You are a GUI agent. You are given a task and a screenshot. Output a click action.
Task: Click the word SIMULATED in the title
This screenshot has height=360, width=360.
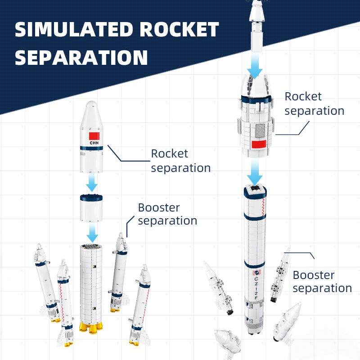tap(74, 29)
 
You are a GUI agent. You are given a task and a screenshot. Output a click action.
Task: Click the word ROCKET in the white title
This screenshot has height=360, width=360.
tap(179, 29)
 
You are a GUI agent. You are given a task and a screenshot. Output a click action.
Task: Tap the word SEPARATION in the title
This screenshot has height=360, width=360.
tap(81, 58)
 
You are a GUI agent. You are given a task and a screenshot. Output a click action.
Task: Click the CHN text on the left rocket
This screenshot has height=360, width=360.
tap(94, 143)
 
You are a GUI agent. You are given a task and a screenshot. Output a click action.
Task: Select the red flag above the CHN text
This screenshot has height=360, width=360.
tap(94, 136)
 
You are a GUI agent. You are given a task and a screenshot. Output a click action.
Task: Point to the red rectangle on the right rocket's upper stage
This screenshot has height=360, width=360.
tap(259, 144)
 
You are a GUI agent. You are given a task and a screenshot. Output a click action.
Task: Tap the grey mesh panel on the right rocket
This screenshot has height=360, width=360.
tap(260, 130)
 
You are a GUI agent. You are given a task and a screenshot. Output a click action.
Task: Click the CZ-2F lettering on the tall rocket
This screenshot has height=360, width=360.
tap(256, 288)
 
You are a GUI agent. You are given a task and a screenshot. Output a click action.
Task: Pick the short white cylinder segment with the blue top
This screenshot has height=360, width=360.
tap(91, 208)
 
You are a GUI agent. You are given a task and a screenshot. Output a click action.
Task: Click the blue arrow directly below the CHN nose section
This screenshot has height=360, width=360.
tap(92, 182)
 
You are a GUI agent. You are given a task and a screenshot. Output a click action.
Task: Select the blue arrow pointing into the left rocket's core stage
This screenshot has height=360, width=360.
tap(92, 233)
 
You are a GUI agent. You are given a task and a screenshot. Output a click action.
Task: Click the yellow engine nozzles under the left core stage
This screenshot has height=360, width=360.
tap(91, 328)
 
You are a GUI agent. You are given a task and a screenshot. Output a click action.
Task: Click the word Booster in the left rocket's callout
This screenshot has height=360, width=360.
tap(159, 207)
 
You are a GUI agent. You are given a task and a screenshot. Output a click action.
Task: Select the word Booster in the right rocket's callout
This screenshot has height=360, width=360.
tap(314, 275)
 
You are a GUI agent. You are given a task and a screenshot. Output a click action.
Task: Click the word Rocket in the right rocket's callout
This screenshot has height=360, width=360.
tap(303, 96)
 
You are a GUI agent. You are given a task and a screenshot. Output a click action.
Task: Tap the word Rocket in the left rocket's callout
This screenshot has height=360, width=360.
tap(170, 153)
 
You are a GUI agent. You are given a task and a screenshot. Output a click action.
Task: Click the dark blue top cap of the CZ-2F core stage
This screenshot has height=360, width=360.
tap(255, 191)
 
